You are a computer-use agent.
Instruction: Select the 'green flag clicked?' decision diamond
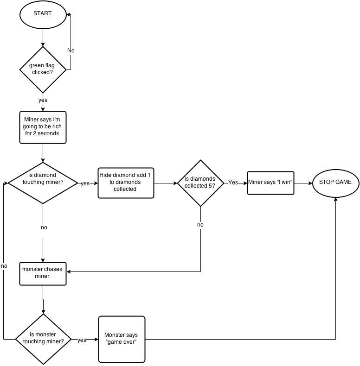[43, 69]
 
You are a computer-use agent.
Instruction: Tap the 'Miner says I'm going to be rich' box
[43, 126]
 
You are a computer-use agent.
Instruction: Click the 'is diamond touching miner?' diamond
[43, 183]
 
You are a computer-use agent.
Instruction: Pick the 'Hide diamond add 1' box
[125, 183]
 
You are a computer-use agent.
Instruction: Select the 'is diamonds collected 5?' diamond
[200, 183]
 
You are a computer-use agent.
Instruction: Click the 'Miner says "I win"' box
[270, 183]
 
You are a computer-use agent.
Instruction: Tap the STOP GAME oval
[336, 183]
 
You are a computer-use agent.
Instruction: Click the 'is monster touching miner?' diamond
[43, 339]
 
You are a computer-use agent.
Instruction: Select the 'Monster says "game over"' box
[122, 339]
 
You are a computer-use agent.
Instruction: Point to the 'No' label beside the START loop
[71, 50]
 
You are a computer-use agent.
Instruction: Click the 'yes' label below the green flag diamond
[43, 100]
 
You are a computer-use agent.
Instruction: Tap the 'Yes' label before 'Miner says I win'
[233, 183]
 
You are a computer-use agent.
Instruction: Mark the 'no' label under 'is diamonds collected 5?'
[200, 225]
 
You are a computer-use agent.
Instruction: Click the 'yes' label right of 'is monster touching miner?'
[82, 340]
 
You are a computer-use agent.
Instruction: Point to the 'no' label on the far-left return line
[4, 266]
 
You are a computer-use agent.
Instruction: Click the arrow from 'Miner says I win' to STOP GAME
[303, 183]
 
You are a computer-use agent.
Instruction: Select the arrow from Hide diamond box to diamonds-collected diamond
[165, 183]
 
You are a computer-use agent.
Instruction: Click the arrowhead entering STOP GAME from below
[336, 198]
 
